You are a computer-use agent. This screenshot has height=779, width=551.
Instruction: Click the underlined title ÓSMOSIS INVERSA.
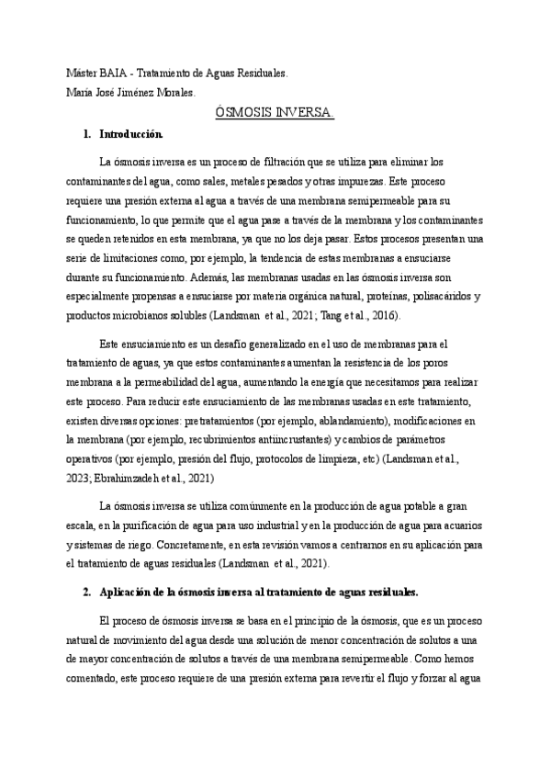pyautogui.click(x=275, y=112)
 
